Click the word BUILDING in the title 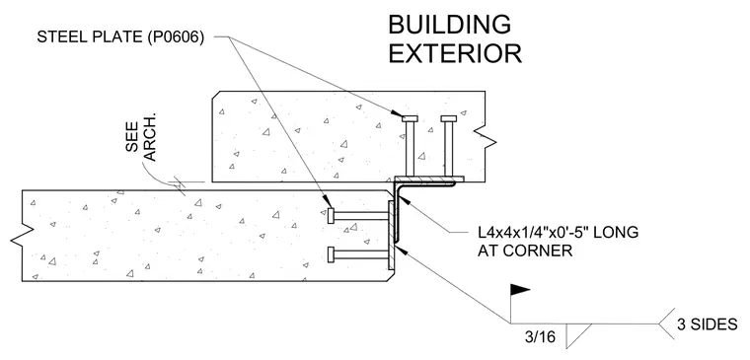[x=449, y=25]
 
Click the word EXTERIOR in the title [x=454, y=53]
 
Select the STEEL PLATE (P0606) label [x=120, y=37]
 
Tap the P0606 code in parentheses [x=176, y=37]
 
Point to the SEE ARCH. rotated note [x=140, y=141]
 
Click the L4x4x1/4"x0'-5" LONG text [x=559, y=233]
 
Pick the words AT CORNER [x=525, y=251]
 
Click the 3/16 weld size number [x=540, y=337]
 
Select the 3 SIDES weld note [x=707, y=324]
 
